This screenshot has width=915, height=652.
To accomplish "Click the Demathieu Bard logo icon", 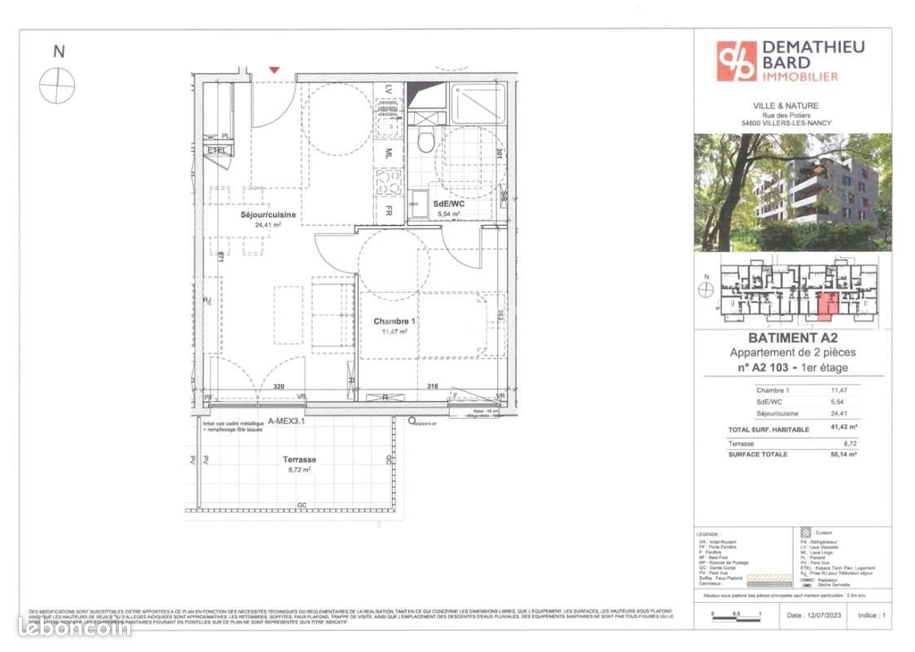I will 736,61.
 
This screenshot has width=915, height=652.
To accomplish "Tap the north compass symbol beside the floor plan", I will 57,85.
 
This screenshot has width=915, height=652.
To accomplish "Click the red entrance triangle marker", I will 275,71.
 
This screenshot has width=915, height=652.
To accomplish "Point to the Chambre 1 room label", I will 394,321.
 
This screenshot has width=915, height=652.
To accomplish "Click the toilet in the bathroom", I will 423,143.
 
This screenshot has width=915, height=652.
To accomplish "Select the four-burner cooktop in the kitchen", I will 389,182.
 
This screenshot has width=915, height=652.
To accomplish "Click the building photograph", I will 792,192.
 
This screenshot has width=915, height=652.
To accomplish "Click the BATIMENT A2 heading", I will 793,338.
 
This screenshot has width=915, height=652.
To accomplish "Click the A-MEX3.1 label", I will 286,421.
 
